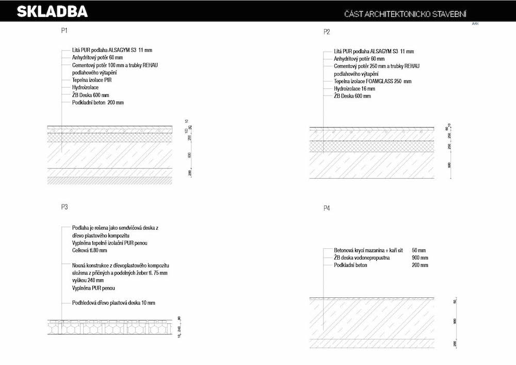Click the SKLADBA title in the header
[x=52, y=11]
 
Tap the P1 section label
[x=64, y=31]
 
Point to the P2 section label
[x=327, y=32]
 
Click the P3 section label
[x=64, y=207]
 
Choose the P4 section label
[x=327, y=208]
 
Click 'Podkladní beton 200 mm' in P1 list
[x=98, y=103]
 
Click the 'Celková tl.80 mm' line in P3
[x=89, y=250]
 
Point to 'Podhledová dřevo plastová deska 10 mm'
[x=114, y=303]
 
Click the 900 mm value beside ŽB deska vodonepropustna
[x=420, y=258]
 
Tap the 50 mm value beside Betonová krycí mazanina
[x=421, y=250]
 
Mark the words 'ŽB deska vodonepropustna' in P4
[x=362, y=258]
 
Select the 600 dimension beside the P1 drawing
[x=189, y=155]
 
